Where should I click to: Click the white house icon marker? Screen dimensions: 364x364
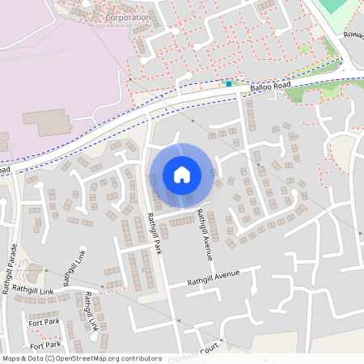click(182, 174)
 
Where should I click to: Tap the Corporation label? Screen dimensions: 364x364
click(129, 17)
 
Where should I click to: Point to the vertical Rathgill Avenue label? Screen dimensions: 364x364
click(204, 235)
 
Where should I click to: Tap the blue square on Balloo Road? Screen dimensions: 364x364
click(229, 83)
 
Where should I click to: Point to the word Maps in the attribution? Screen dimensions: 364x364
click(11, 358)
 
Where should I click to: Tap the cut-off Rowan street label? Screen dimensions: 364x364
click(353, 36)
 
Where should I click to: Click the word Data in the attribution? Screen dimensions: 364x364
click(33, 358)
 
